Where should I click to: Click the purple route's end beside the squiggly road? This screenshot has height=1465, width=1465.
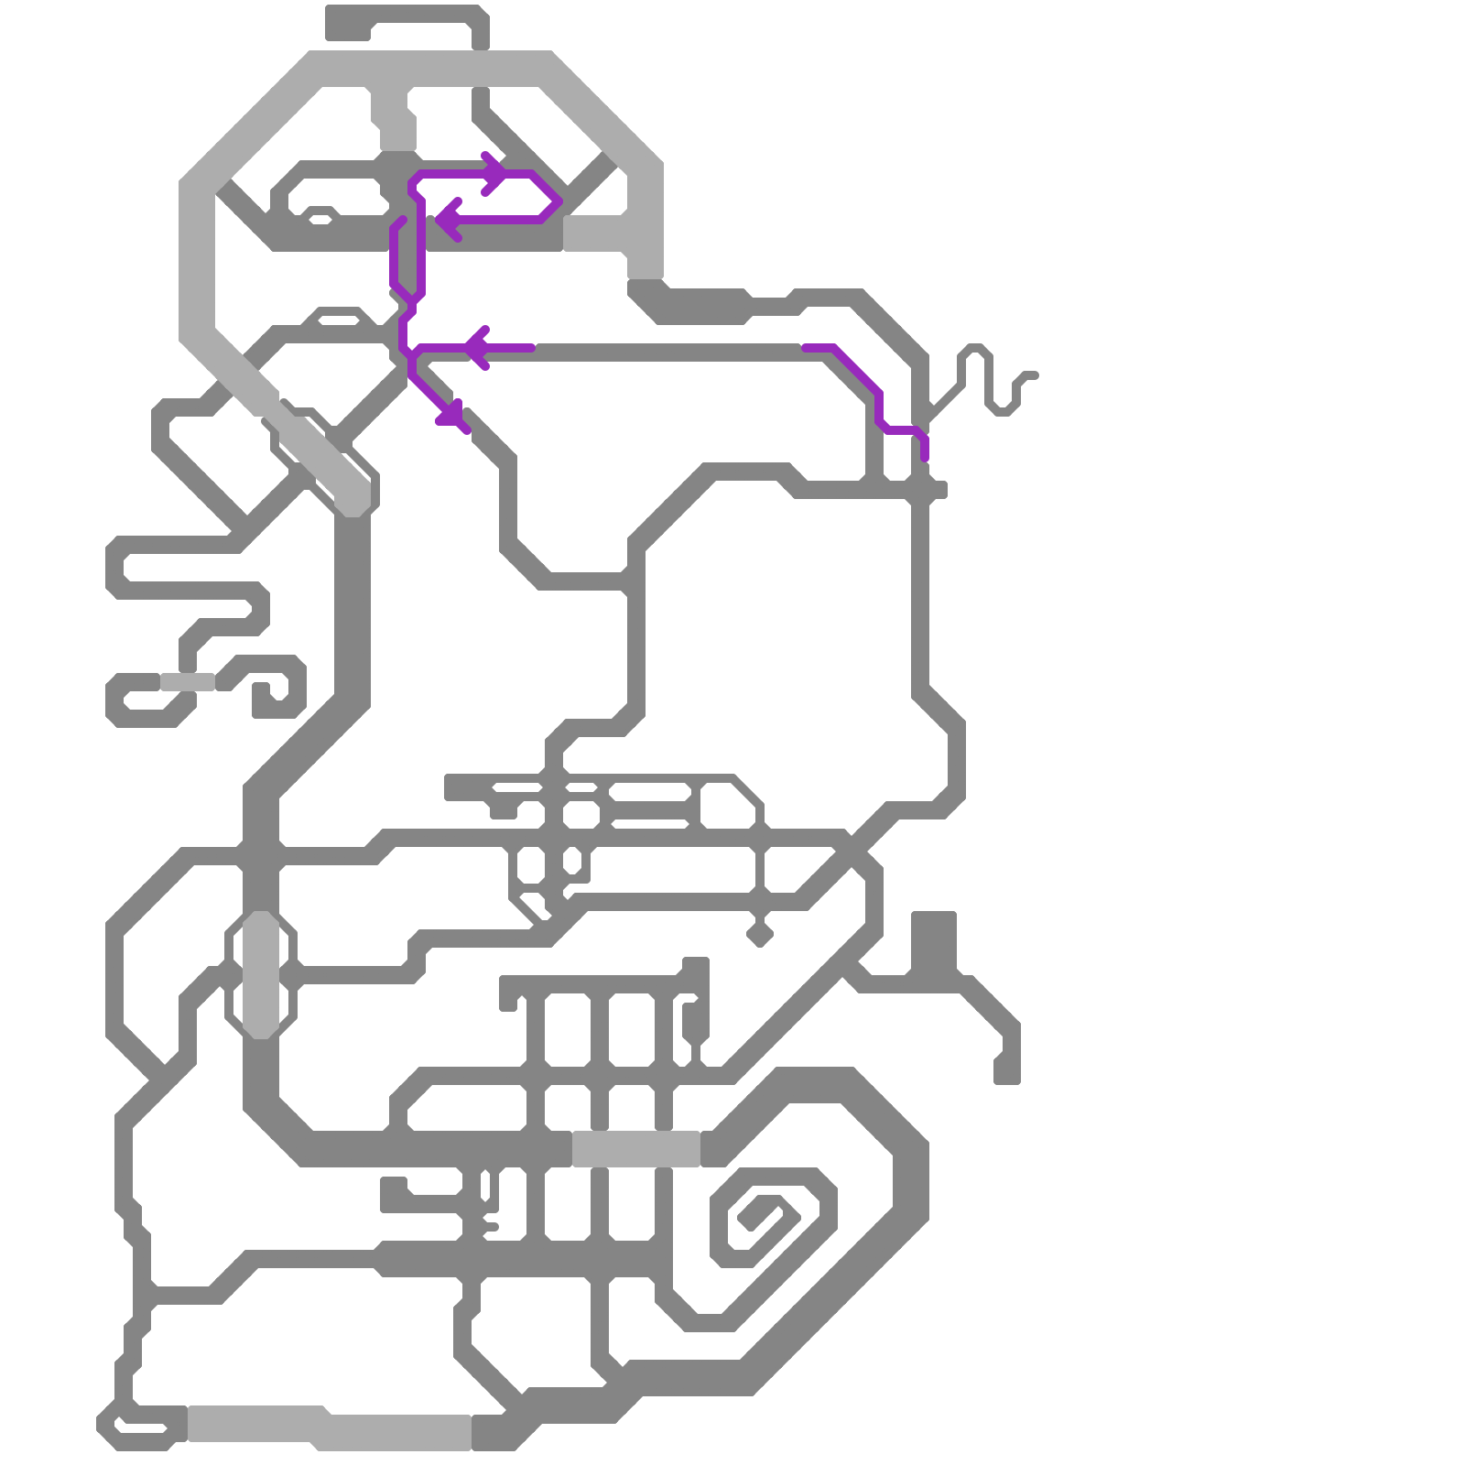click(925, 456)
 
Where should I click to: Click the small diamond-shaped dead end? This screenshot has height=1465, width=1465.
click(759, 935)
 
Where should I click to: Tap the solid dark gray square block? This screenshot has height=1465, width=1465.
click(934, 939)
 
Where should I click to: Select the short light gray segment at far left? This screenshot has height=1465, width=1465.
click(187, 682)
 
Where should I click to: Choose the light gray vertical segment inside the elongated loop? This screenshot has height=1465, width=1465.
click(261, 974)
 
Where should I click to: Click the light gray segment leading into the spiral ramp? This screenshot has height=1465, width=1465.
click(636, 1149)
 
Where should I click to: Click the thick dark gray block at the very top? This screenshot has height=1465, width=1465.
click(348, 23)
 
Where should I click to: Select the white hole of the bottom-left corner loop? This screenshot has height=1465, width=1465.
click(142, 1427)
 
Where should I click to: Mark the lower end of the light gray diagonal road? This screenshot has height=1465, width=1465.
click(353, 499)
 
